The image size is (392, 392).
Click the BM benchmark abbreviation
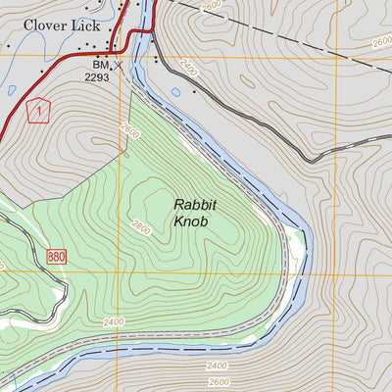[101, 66]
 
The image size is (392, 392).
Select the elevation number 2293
[98, 76]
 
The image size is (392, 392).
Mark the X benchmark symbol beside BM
[119, 67]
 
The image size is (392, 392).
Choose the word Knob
[193, 222]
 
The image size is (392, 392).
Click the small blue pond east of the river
[175, 93]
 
